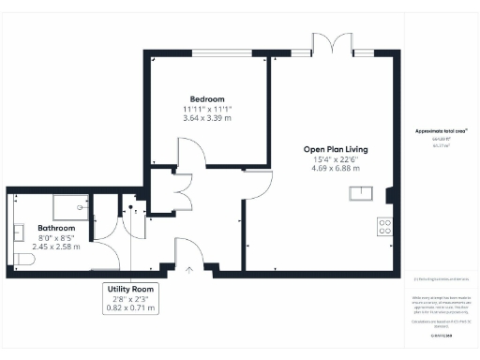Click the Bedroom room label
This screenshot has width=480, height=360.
tap(207, 99)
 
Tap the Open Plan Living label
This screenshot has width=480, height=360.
tap(335, 149)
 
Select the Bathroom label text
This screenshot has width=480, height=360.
tap(56, 228)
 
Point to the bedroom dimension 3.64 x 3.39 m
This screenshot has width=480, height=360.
tap(207, 119)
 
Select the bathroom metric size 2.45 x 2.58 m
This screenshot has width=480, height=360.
tap(56, 247)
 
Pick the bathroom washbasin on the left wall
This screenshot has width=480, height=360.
tap(19, 229)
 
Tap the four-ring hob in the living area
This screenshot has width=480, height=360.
tap(384, 226)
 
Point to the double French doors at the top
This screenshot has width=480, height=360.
tap(334, 44)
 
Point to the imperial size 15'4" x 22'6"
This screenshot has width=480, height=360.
tap(335, 159)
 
